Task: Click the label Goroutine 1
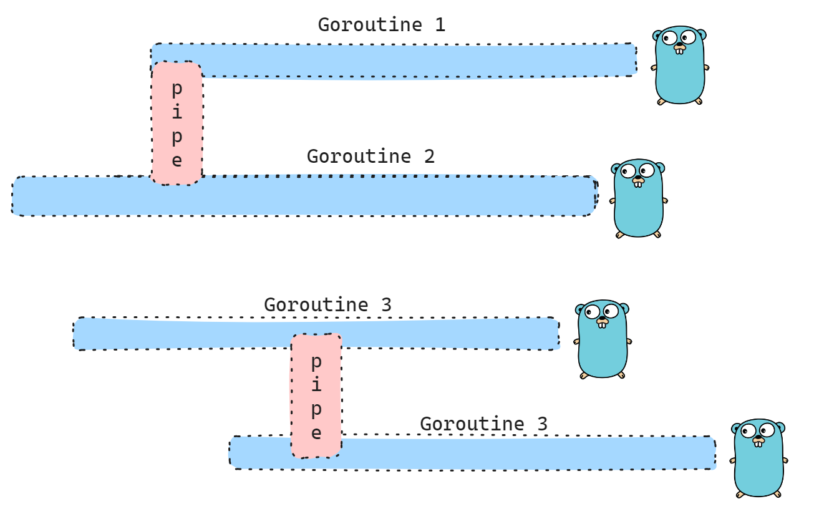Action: (381, 25)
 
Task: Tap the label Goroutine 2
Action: (371, 156)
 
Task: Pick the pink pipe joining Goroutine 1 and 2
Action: (177, 123)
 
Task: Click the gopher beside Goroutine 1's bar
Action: (680, 65)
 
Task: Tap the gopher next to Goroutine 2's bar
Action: (638, 198)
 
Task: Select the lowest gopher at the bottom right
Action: (758, 458)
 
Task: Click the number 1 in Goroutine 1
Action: (439, 25)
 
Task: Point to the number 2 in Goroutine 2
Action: (429, 156)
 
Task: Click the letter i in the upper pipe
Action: (177, 112)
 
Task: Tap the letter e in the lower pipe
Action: (316, 433)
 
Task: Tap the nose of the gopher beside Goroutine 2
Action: (638, 178)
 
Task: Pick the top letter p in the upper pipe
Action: (177, 89)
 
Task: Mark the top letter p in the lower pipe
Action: (316, 362)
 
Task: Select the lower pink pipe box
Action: (316, 395)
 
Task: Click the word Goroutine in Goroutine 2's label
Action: (359, 156)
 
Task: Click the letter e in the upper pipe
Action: (177, 160)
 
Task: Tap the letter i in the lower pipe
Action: (316, 385)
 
